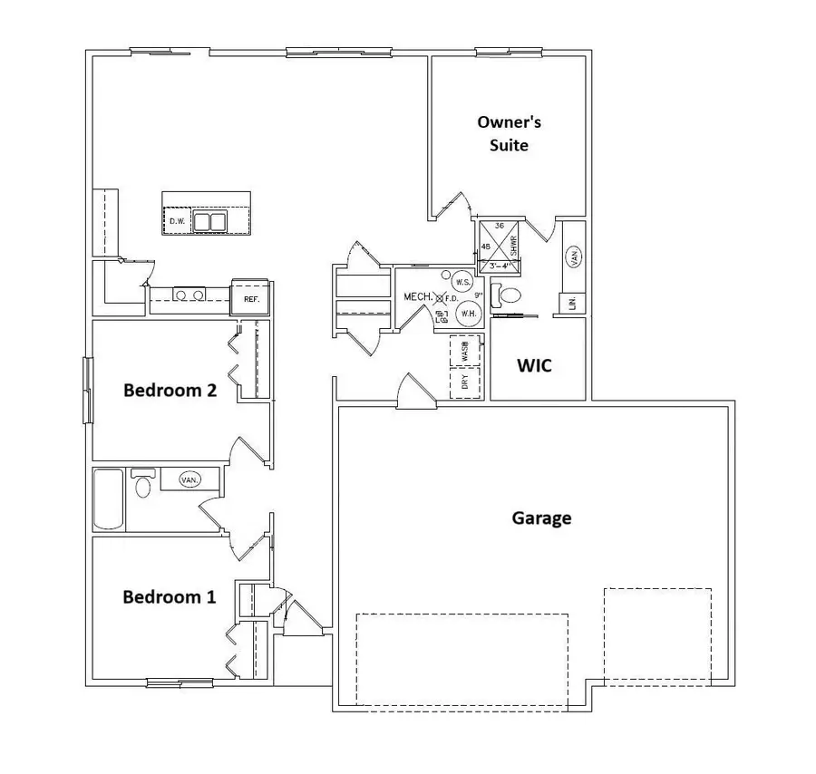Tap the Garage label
coord(541,518)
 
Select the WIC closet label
coord(534,367)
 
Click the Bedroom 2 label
coord(170,391)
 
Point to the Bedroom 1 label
coord(170,597)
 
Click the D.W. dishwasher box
coord(177,221)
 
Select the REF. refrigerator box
coord(250,298)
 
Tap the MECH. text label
coord(415,296)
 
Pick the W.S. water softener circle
coord(462,282)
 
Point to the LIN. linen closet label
coord(573,304)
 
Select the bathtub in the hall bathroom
coord(108,499)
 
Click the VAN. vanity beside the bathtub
coord(188,479)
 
